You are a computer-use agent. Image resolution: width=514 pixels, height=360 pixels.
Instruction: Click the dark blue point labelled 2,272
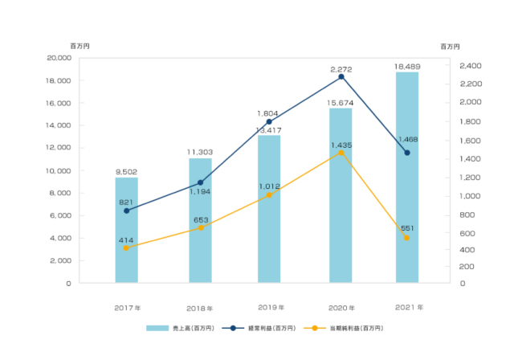coord(341,76)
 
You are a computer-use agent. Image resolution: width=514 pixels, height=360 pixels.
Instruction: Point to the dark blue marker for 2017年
coord(126,211)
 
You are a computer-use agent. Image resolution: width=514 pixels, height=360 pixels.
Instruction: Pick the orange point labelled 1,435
coord(341,153)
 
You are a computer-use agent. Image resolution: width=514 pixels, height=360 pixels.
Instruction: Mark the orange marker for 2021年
coord(407,238)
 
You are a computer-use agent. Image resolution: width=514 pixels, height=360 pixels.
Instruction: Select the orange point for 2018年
coord(200,227)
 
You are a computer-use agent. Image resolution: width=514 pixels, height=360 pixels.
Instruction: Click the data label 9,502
coord(126,171)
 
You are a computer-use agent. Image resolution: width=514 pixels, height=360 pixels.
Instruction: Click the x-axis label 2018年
coord(200,308)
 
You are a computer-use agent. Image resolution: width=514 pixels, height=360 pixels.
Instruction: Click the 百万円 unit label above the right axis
coord(451,46)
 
